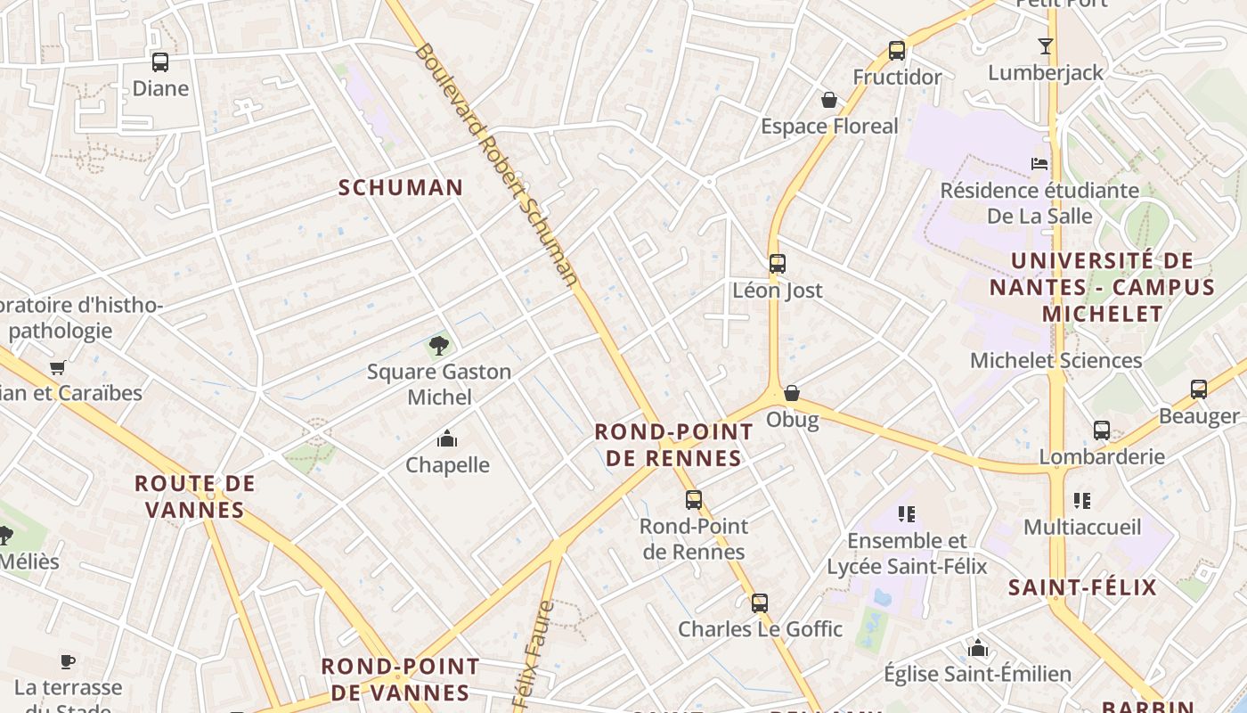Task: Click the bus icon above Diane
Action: tap(160, 62)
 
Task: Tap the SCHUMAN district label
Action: tap(401, 187)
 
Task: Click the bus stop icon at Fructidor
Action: tap(897, 51)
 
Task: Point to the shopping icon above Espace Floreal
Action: tap(829, 100)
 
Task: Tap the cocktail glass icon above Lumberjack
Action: tap(1046, 46)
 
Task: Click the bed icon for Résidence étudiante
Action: tap(1039, 163)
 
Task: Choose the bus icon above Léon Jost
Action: tap(778, 264)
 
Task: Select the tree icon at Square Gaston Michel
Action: tap(438, 346)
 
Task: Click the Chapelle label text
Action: tap(447, 464)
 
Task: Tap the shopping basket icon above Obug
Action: tap(792, 393)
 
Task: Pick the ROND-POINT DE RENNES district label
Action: tap(673, 445)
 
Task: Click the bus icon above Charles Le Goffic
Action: tap(760, 603)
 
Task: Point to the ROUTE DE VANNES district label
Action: tap(194, 496)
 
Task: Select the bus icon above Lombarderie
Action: tap(1102, 430)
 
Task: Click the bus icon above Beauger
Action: tap(1199, 389)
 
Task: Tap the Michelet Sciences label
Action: tap(1055, 360)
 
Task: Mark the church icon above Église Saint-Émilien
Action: tap(978, 648)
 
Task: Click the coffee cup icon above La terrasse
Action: tap(68, 661)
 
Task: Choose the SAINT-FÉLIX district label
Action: tap(1082, 586)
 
